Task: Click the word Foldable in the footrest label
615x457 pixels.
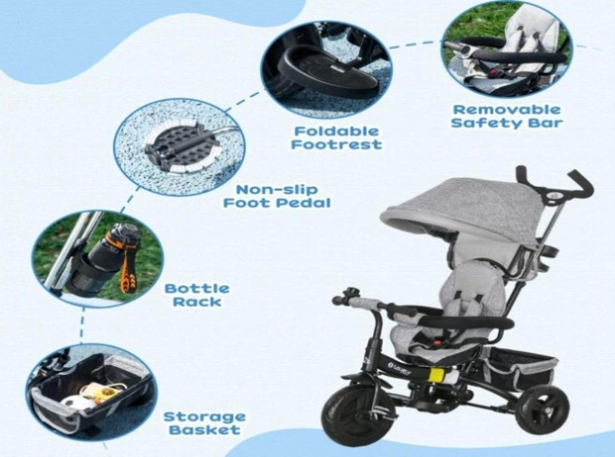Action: [x=336, y=131]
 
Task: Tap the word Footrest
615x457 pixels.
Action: [x=336, y=144]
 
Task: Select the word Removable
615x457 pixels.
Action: [x=507, y=109]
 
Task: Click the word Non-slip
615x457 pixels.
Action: [x=276, y=190]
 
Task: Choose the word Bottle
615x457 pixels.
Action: [x=197, y=289]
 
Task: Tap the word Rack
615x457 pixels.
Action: [x=197, y=302]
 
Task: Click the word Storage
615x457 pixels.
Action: [x=204, y=417]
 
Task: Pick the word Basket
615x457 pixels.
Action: [x=204, y=429]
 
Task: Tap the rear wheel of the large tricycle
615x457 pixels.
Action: [x=542, y=410]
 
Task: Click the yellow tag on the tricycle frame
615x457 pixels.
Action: [x=438, y=375]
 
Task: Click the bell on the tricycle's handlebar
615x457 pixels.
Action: [x=350, y=294]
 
